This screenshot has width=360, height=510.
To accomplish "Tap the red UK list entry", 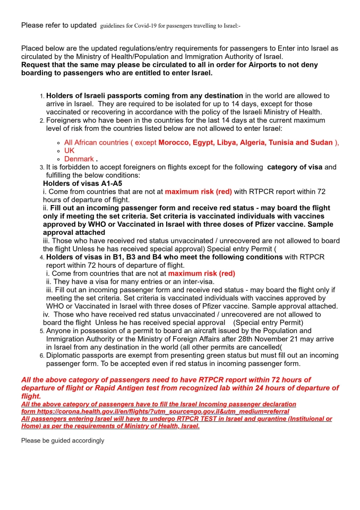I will click(x=70, y=151).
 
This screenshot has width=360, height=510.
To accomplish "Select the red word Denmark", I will click(x=79, y=159).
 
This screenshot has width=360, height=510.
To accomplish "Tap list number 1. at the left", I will click(x=42, y=96).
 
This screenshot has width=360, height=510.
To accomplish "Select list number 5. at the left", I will click(x=42, y=331).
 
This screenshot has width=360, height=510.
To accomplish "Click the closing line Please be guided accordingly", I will click(x=63, y=440).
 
